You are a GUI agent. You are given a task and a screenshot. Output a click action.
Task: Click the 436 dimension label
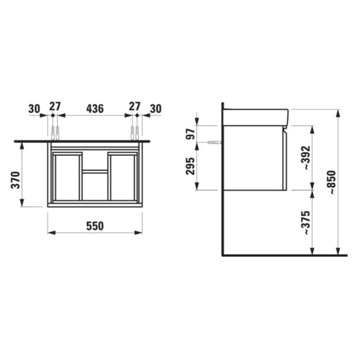(x=95, y=109)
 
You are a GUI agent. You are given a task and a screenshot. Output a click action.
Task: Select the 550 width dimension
(x=95, y=226)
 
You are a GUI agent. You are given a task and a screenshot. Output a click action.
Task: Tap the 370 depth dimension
(x=16, y=180)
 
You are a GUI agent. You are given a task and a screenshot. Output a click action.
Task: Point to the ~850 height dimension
(x=331, y=183)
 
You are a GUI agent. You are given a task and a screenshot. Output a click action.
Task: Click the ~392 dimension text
(x=306, y=158)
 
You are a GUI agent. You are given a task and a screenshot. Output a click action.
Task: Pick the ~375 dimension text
(x=306, y=222)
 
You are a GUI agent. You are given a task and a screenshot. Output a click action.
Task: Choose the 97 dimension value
(x=190, y=134)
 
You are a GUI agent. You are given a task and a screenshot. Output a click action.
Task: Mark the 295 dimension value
(x=190, y=166)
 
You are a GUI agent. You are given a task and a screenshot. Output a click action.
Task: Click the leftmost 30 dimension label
(x=34, y=109)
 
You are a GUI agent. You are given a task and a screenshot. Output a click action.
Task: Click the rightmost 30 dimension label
(x=156, y=109)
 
